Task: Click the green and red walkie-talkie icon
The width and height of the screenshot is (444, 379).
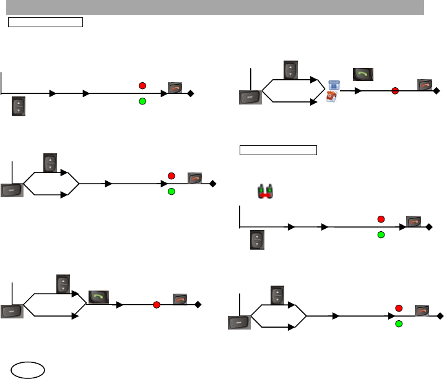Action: tap(267, 191)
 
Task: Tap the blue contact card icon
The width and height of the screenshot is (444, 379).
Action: tap(334, 85)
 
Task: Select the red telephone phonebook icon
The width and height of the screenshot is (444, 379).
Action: tap(333, 97)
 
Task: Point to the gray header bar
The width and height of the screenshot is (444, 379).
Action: tap(215, 7)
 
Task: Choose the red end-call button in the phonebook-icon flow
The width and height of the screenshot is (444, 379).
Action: tap(424, 85)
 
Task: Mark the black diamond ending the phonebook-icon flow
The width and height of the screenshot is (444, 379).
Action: tap(437, 91)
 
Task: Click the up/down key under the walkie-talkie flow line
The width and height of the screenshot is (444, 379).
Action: tap(257, 240)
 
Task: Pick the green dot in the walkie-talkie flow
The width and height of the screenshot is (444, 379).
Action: tap(381, 235)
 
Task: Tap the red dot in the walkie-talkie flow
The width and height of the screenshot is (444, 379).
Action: tap(381, 219)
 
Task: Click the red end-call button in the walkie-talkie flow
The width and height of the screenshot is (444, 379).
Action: tap(413, 221)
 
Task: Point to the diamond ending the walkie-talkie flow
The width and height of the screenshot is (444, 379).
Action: tap(429, 227)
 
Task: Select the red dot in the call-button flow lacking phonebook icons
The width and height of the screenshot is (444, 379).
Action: tap(156, 304)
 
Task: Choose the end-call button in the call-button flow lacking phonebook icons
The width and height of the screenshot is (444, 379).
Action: tap(180, 299)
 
